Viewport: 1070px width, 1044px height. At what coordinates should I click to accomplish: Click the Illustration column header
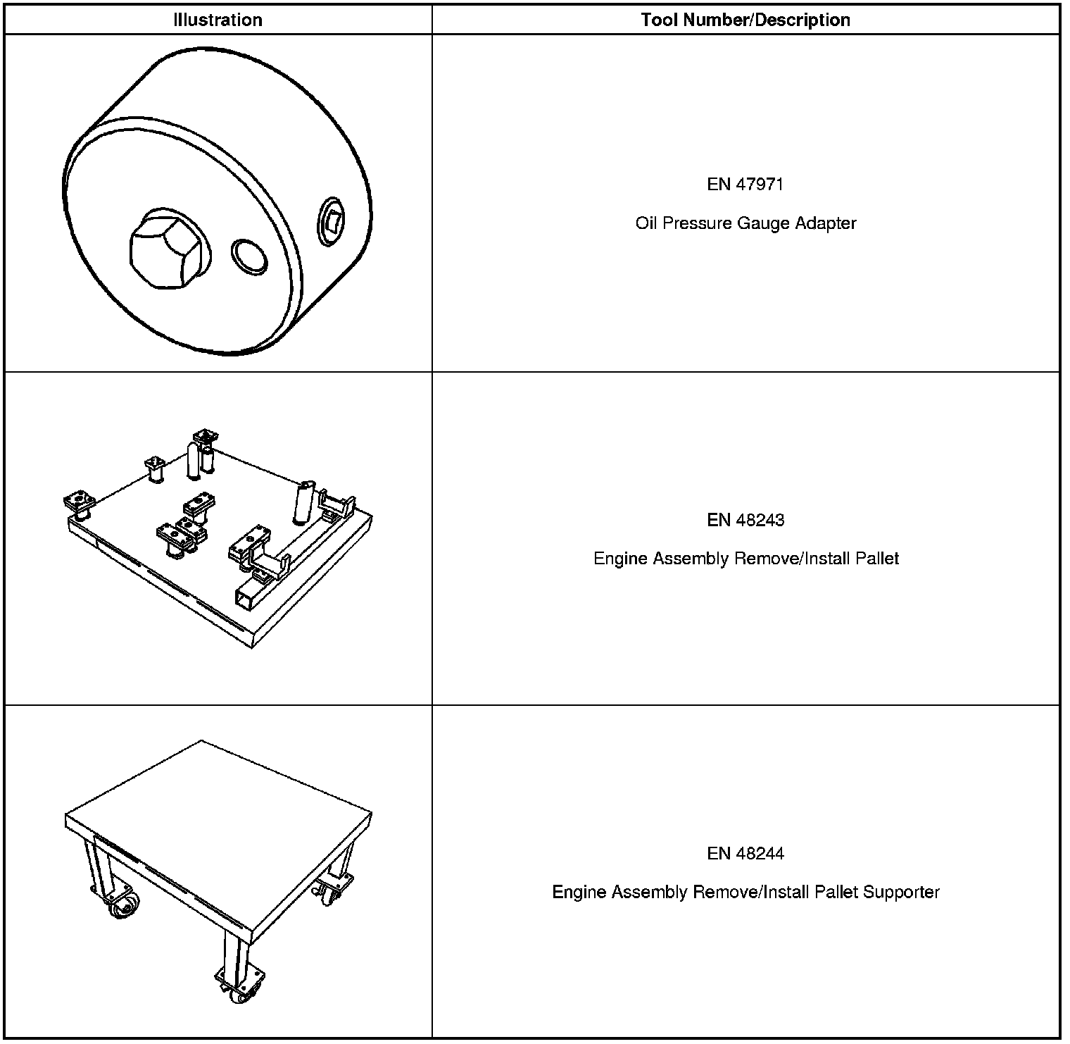click(218, 20)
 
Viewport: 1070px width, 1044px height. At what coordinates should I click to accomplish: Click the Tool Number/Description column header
click(745, 20)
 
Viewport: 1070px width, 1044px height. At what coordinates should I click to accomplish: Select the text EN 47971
click(745, 185)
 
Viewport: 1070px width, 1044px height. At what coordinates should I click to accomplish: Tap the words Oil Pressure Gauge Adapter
click(745, 223)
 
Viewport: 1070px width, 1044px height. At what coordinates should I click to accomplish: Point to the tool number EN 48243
click(745, 520)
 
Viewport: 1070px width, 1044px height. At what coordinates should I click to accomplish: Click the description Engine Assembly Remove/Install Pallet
click(745, 559)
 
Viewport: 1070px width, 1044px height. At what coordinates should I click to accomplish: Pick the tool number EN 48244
click(745, 854)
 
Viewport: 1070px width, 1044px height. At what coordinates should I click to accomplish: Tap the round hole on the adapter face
click(249, 256)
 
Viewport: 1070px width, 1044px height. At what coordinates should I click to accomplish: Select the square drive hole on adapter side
click(330, 220)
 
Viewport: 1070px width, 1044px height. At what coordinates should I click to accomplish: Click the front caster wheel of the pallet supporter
click(243, 993)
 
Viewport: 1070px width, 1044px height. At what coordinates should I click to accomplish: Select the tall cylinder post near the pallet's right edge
click(303, 502)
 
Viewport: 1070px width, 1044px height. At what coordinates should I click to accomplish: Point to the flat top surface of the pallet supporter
click(218, 803)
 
